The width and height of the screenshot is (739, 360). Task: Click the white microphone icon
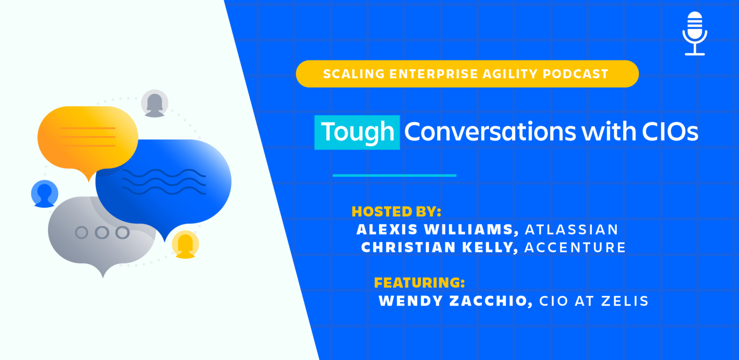[x=695, y=33]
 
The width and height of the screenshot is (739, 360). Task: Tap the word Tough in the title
[x=358, y=132]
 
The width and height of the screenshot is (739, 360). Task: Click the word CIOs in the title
[x=670, y=132]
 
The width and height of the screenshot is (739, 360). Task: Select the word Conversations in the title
[x=490, y=132]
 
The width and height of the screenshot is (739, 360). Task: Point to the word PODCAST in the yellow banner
[x=576, y=74]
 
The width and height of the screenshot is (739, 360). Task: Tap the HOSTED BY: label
[x=397, y=212]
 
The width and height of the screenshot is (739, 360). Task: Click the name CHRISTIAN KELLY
[x=440, y=247]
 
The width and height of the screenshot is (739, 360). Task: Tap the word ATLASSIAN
[x=571, y=230]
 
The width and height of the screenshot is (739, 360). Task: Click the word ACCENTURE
[x=575, y=247]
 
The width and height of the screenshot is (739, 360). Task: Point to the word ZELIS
[x=625, y=301]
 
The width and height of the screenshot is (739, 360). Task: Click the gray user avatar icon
[x=155, y=103]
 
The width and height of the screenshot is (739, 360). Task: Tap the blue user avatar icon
[x=45, y=194]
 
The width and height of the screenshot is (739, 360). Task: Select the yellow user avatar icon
[x=185, y=244]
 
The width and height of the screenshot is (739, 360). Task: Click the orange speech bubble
[x=88, y=139]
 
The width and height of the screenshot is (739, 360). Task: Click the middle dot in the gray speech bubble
[x=102, y=233]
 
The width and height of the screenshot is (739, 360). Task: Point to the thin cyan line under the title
[x=395, y=176]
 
